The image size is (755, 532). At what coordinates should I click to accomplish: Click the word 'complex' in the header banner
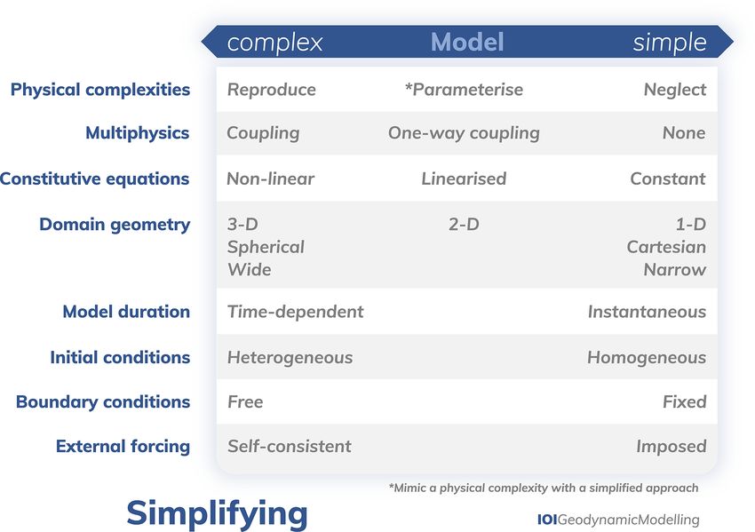(x=274, y=44)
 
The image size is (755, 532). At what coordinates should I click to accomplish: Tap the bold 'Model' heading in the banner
(x=467, y=42)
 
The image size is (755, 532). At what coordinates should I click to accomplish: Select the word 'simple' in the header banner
(x=670, y=44)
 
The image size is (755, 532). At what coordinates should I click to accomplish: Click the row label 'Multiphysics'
(x=137, y=133)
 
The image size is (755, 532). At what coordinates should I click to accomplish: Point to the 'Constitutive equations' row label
(x=94, y=179)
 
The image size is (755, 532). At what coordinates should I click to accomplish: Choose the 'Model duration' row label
(x=126, y=312)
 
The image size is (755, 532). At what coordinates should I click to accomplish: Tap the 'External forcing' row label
(x=123, y=447)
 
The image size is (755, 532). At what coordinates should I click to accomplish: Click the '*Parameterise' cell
(x=464, y=90)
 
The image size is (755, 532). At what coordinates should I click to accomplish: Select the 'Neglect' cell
(x=674, y=90)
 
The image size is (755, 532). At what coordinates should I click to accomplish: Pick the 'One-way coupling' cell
(x=464, y=133)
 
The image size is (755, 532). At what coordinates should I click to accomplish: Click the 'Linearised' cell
(x=464, y=179)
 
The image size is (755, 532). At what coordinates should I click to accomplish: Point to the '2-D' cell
(x=464, y=225)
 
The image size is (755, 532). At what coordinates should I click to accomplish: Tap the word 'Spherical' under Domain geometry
(x=266, y=248)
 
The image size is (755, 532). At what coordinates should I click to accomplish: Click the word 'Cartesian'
(x=666, y=247)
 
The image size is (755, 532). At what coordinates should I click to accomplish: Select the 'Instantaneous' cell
(x=647, y=312)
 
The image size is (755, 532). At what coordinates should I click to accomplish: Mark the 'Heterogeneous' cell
(x=290, y=358)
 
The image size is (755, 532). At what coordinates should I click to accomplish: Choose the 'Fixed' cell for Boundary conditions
(x=684, y=402)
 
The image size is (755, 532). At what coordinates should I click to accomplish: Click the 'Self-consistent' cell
(x=290, y=447)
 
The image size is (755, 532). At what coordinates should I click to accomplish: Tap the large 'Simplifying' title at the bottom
(x=217, y=514)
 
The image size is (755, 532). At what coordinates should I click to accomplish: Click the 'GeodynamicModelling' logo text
(x=628, y=520)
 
